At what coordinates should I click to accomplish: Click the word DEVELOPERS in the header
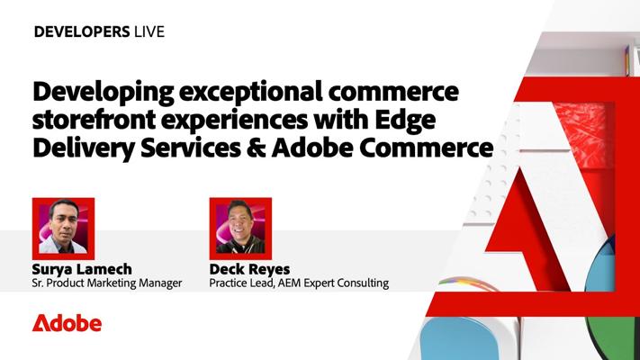[82, 31]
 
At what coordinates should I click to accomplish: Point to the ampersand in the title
[256, 148]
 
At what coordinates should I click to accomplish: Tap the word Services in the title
[191, 148]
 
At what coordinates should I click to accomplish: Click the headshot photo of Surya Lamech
[63, 229]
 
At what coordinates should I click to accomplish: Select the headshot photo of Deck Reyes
[240, 229]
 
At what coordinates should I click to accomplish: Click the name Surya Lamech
[82, 269]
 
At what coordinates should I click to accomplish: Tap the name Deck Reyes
[250, 269]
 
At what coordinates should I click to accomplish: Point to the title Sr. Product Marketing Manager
[107, 283]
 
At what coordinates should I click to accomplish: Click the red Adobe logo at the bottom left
[67, 323]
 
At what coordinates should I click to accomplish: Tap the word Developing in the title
[103, 93]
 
